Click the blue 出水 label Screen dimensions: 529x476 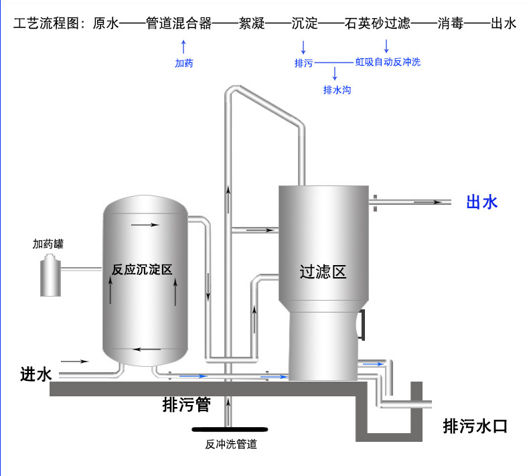click(481, 202)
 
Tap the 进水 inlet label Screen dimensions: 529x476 click(35, 374)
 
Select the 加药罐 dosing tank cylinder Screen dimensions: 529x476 click(51, 276)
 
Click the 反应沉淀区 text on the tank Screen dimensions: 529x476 click(142, 270)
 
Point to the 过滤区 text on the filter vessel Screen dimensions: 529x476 click(323, 272)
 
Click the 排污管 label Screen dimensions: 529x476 click(187, 404)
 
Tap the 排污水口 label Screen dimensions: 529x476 click(475, 426)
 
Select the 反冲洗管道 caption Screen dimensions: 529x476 click(231, 445)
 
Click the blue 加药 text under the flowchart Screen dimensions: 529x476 click(184, 63)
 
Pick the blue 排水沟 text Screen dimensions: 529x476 click(337, 90)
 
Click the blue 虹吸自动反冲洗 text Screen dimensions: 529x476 click(388, 62)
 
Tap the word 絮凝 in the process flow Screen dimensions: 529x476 click(252, 23)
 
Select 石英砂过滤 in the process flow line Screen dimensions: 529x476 click(378, 23)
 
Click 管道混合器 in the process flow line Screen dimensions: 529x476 click(179, 23)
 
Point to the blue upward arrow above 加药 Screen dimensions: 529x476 click(183, 47)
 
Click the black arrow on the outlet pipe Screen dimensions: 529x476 click(428, 202)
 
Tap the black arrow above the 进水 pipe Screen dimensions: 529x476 click(74, 362)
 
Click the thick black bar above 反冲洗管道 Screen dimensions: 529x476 click(230, 429)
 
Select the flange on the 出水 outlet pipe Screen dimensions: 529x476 click(375, 203)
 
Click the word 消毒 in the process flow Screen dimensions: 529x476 click(451, 23)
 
